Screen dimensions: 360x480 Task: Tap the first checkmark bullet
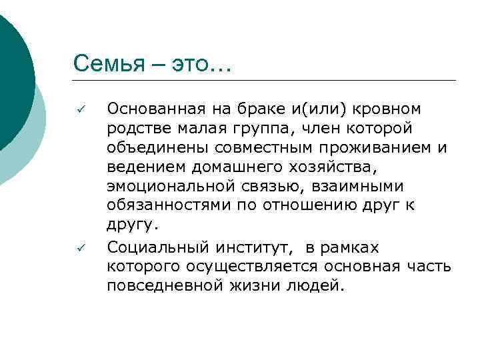point(79,109)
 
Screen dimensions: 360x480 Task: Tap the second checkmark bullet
point(79,249)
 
